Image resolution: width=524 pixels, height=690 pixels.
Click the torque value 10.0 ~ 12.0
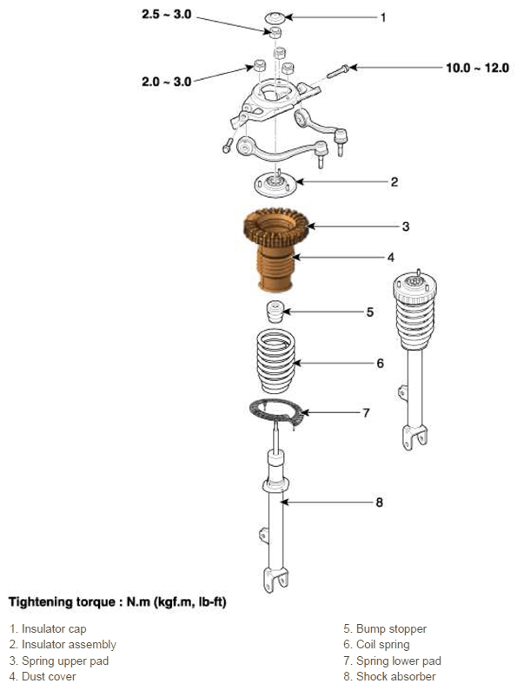tap(477, 69)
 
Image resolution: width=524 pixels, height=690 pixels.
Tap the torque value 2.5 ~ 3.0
tap(167, 15)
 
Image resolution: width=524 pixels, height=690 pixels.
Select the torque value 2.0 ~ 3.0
tap(167, 82)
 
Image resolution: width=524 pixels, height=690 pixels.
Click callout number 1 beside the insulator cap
tap(383, 17)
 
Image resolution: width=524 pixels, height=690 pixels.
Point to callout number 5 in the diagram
tap(369, 312)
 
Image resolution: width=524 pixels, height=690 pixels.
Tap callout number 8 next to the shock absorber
tap(380, 503)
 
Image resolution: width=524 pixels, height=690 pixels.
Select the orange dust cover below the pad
tap(275, 268)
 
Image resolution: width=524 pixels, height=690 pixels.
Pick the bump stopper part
tap(275, 312)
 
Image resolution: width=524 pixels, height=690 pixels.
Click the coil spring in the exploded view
tap(275, 361)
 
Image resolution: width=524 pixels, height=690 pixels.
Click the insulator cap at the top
tap(275, 18)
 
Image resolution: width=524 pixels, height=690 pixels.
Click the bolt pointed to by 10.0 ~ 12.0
tap(338, 72)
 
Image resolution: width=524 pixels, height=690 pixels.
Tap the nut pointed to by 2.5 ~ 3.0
tap(275, 33)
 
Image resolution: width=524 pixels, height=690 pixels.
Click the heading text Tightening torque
tap(63, 601)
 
